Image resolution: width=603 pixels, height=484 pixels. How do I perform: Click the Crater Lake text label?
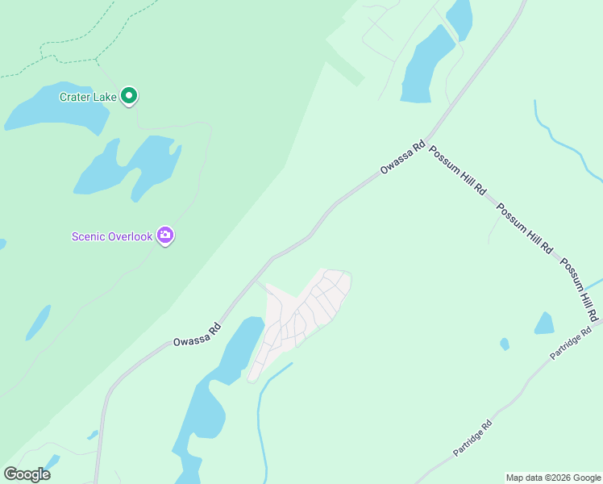pos(87,97)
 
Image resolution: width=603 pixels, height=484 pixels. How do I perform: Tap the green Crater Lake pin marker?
pos(129,96)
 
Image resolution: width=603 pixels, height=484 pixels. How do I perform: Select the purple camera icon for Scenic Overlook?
pos(165,236)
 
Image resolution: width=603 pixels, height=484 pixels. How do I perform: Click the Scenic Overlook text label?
pos(111,236)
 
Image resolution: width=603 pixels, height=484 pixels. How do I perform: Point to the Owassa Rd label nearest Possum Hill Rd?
pos(402,158)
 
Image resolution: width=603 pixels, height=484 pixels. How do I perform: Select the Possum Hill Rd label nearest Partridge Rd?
pos(580,288)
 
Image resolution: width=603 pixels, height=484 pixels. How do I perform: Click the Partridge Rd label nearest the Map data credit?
pos(472,436)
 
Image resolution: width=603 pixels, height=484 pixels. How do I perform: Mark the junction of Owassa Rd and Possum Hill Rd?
pos(427,140)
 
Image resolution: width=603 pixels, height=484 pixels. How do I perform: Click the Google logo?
pos(27,474)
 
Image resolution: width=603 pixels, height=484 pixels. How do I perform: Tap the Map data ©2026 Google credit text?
pos(554,478)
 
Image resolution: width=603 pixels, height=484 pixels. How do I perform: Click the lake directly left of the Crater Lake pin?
pos(56,108)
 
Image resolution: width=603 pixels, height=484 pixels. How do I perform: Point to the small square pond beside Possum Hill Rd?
pos(544,323)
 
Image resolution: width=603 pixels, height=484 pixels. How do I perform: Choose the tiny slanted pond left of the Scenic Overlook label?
pos(38,322)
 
